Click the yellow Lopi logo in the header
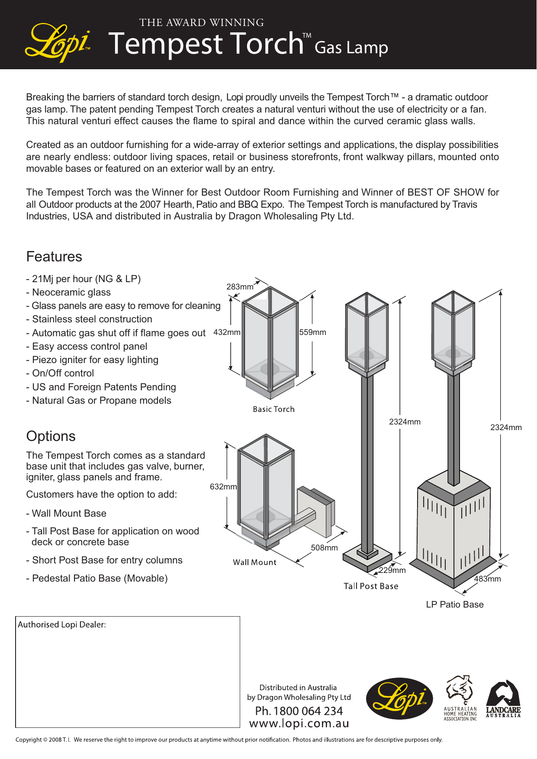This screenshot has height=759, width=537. click(x=58, y=42)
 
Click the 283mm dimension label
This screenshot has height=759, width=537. click(x=240, y=287)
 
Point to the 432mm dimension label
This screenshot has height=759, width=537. click(x=227, y=332)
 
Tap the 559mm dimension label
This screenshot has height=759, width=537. click(x=312, y=332)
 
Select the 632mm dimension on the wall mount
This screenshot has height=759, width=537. click(x=223, y=487)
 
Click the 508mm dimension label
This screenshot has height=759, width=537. click(x=324, y=548)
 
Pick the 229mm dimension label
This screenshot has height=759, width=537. click(x=392, y=570)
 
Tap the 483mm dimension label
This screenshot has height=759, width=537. click(x=487, y=579)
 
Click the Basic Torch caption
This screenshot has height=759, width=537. click(x=273, y=409)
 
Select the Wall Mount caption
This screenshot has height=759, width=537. click(x=254, y=563)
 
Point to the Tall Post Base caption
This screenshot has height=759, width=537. click(x=371, y=586)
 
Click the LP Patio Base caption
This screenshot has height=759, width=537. click(x=454, y=605)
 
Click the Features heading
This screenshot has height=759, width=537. click(x=54, y=257)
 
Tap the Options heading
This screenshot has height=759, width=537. click(x=51, y=436)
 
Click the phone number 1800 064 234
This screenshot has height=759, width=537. click(x=299, y=711)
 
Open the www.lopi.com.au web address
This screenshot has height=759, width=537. click(x=299, y=724)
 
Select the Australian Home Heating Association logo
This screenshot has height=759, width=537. click(x=460, y=698)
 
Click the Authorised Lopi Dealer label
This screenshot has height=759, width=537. click(x=62, y=624)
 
